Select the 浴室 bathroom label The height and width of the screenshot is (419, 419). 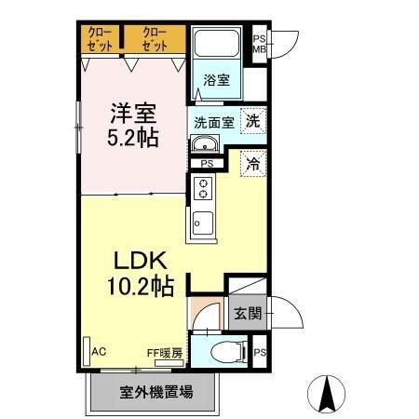pos(217,80)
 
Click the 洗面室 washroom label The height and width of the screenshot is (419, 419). pos(212,121)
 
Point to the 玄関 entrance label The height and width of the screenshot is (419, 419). pos(246,313)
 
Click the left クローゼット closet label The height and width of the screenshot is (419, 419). pos(98,39)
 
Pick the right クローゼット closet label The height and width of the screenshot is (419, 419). pos(154,39)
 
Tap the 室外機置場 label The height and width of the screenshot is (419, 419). pos(155,391)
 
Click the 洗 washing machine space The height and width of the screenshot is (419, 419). pos(251,119)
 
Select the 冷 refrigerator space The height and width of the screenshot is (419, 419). pos(251,163)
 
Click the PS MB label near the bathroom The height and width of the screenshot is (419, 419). pos(260,43)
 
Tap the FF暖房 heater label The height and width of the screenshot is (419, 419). pos(164,353)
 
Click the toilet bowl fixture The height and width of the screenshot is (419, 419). pos(223,352)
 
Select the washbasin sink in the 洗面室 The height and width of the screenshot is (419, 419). pos(204,143)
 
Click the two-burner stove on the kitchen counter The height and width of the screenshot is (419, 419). pos(202,190)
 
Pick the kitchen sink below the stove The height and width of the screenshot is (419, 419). pos(202,223)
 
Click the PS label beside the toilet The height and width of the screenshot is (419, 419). pos(260,352)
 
